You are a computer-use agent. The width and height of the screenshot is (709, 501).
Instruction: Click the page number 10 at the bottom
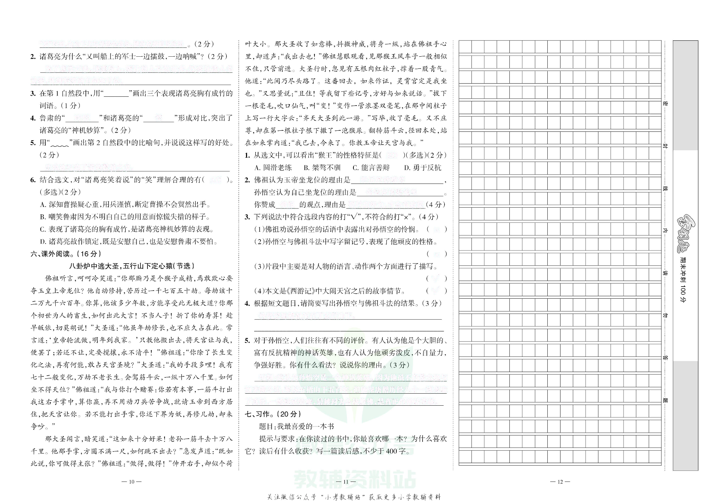pos(132,482)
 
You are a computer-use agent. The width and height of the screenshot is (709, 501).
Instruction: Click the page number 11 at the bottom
pos(346,482)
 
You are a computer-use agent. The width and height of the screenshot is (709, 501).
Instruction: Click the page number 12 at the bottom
pos(560,482)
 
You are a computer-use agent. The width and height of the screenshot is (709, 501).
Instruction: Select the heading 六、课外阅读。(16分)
pos(66,254)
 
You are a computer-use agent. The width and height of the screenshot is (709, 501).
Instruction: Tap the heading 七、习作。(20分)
pos(273,414)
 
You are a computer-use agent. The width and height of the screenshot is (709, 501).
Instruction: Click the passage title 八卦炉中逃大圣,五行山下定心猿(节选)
pos(132,266)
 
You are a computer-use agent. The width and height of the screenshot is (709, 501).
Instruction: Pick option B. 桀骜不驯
pos(322,168)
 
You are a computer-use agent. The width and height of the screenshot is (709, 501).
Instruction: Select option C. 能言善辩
pos(371,168)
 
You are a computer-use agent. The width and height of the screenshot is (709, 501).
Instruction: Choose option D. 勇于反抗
pos(422,168)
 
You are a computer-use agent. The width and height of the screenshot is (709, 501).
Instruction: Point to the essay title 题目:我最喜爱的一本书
pos(296,426)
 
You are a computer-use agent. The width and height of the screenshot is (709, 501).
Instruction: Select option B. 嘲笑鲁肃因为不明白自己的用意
pos(125,217)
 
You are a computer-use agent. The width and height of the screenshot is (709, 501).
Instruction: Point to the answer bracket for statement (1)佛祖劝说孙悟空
pos(436,229)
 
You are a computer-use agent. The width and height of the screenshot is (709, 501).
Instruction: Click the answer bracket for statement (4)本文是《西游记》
pos(436,291)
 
